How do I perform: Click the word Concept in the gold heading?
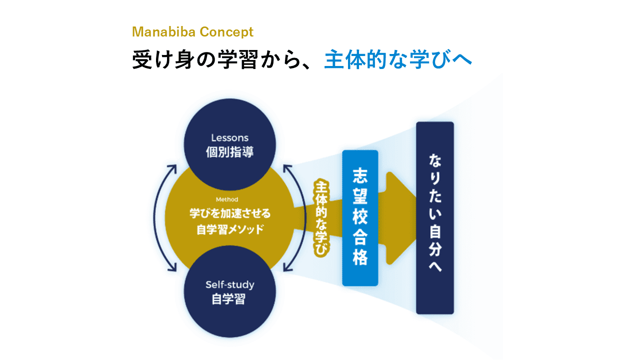coord(226,32)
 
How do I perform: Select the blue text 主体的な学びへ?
coord(398,60)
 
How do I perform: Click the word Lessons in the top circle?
coord(229,137)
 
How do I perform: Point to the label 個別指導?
coord(229,151)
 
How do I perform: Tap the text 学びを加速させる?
coord(229,214)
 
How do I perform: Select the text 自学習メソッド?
coord(229,230)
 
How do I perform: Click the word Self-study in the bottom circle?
coord(229,285)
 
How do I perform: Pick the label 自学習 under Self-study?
coord(229,299)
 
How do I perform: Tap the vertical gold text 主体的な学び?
coord(320,219)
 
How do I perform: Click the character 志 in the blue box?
coord(360,177)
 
